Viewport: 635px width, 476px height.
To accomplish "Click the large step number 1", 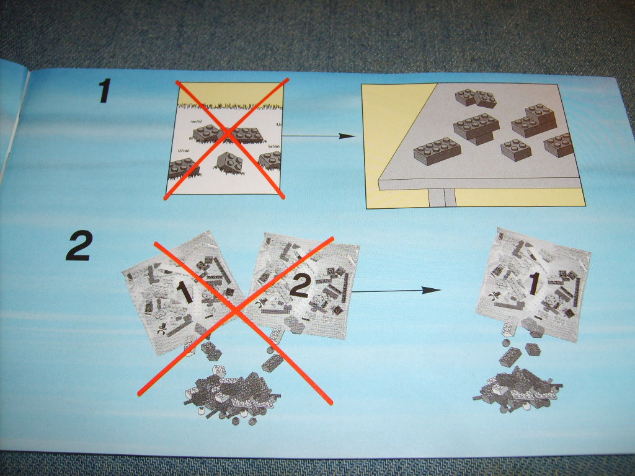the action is (105, 90).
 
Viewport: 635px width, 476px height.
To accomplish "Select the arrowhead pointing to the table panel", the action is (347, 136).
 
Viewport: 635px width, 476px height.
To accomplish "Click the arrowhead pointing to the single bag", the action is (432, 290).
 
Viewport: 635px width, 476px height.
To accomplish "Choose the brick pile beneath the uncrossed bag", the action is (517, 389).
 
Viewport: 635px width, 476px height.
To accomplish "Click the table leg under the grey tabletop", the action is (442, 198).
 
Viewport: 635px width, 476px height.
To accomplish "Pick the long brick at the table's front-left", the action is (437, 151).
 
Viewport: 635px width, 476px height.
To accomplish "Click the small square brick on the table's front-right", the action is (516, 150).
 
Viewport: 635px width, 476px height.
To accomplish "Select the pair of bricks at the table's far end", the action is (476, 99).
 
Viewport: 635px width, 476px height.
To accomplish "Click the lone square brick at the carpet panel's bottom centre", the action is (229, 163).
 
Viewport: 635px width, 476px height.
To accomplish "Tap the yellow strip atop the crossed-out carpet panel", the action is (230, 95).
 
